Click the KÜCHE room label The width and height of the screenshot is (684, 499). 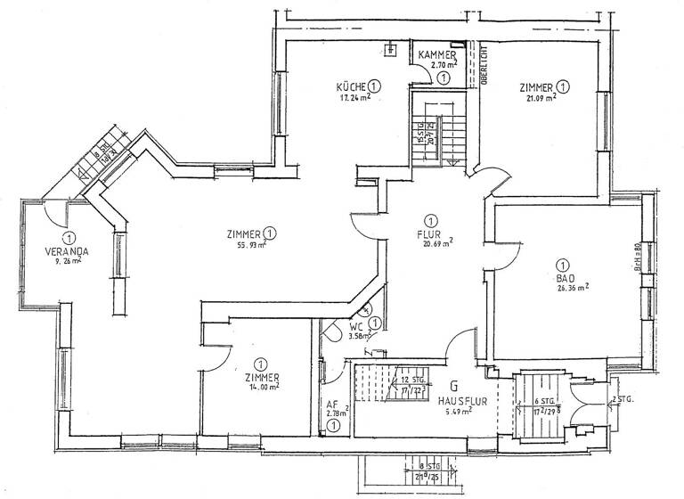click(x=351, y=86)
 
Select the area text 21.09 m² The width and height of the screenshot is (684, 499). click(x=541, y=99)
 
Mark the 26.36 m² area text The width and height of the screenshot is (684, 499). click(x=570, y=288)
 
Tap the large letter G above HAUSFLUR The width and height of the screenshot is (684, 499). click(x=455, y=386)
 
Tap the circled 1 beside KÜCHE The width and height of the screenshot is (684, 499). click(x=376, y=86)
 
